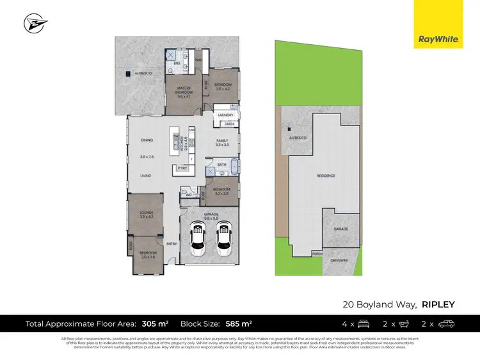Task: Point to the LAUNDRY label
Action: pyautogui.click(x=225, y=115)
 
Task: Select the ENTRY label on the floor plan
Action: pyautogui.click(x=172, y=243)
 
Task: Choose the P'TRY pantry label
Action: pyautogui.click(x=182, y=169)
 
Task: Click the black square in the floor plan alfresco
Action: pyautogui.click(x=136, y=74)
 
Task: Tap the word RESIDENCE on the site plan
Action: pyautogui.click(x=326, y=176)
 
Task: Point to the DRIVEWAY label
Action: pyautogui.click(x=339, y=260)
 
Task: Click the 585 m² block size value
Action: pyautogui.click(x=241, y=324)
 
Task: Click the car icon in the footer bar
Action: pyautogui.click(x=446, y=324)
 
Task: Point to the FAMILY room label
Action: pyautogui.click(x=222, y=140)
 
